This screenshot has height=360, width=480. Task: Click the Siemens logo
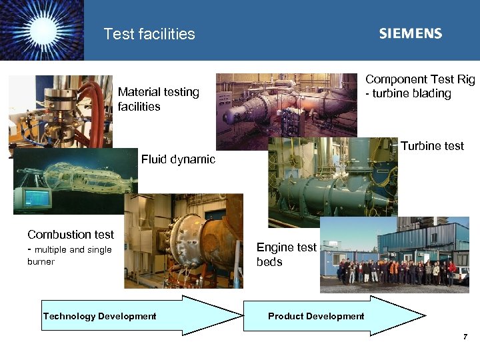coord(410,34)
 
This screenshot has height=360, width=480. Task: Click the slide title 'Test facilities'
coord(149,34)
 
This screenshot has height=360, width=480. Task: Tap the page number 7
coord(465,337)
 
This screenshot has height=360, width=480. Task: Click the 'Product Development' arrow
coord(333,316)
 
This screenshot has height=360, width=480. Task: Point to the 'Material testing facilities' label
coord(158,99)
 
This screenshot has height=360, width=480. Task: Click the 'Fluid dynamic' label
coord(178,159)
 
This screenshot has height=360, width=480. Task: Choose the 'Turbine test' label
coord(432,146)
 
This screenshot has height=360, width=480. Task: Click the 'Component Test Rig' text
coord(420,79)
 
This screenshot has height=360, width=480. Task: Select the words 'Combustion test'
coord(71,235)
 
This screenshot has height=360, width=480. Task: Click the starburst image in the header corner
coord(42,31)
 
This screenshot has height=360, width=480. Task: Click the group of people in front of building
coord(393,272)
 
